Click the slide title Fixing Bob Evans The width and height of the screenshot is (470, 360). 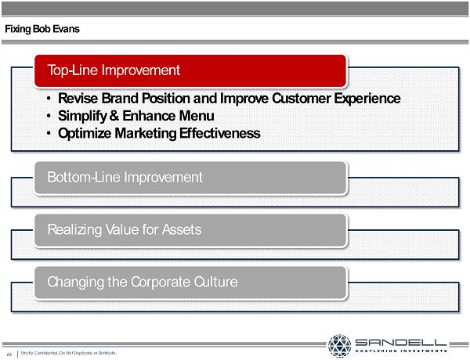[x=42, y=29]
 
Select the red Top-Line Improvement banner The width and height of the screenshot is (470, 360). [x=190, y=71]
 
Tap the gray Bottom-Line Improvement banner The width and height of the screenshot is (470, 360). [x=190, y=178]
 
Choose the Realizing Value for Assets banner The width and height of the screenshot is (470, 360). [x=190, y=230]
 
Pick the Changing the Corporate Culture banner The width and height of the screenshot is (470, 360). [x=190, y=283]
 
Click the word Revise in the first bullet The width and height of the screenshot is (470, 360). [x=78, y=99]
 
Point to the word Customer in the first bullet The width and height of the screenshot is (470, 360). [x=302, y=99]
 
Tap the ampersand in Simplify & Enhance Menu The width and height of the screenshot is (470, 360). [x=114, y=116]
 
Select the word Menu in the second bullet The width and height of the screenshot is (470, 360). [x=198, y=116]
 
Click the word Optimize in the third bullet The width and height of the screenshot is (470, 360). [x=85, y=134]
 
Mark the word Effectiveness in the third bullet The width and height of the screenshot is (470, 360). [x=220, y=133]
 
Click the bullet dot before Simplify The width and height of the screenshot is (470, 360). [x=49, y=116]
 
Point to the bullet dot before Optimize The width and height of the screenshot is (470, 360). [x=49, y=134]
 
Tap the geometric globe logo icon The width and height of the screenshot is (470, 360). [x=339, y=346]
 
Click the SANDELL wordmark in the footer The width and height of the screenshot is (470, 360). [x=401, y=342]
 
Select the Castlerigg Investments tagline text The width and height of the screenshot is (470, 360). [x=401, y=351]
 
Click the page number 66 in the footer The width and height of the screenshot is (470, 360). [x=9, y=355]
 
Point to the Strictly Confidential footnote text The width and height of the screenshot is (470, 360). [x=69, y=354]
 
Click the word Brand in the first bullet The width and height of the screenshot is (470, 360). [x=120, y=99]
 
